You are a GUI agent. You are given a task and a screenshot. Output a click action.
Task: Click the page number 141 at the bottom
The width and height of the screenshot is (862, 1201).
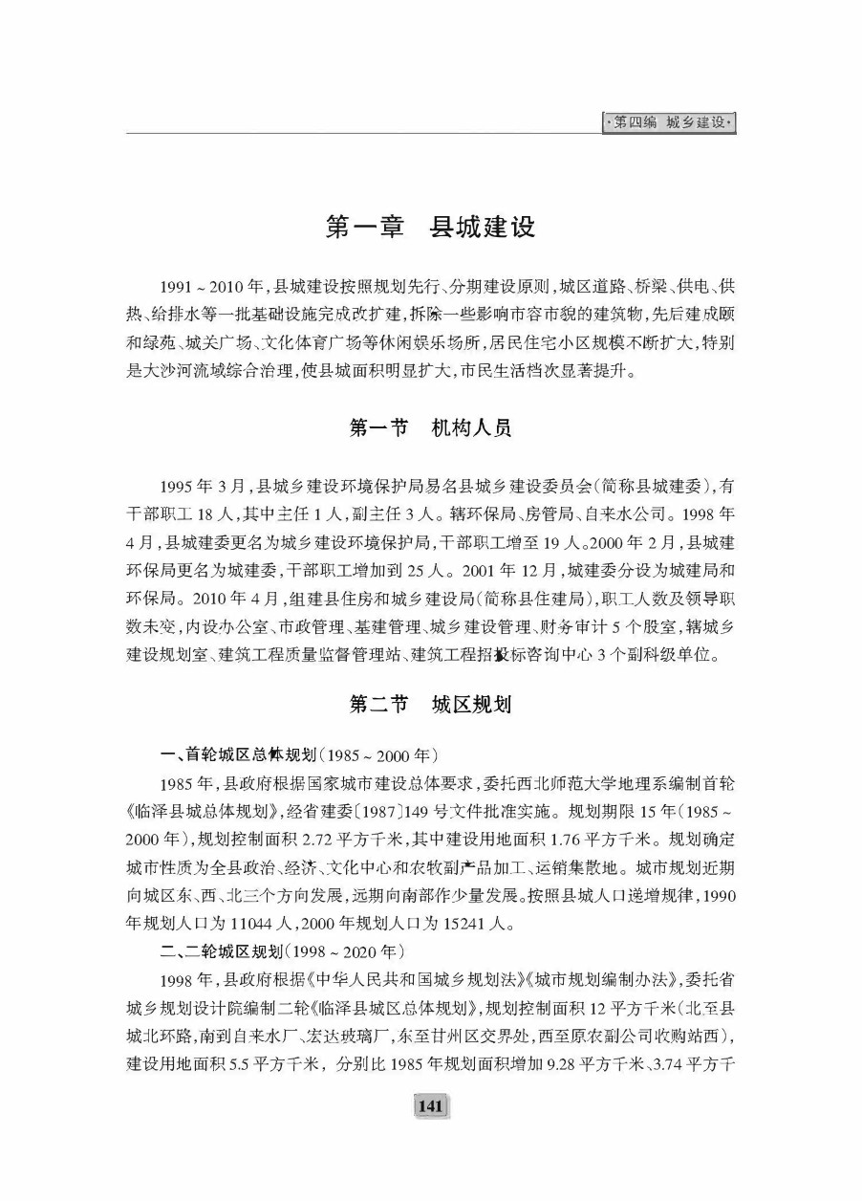[430, 1106]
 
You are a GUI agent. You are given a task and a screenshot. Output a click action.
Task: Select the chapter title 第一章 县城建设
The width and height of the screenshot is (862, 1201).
[430, 228]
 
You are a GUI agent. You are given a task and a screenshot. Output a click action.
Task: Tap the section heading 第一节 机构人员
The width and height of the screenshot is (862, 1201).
[430, 427]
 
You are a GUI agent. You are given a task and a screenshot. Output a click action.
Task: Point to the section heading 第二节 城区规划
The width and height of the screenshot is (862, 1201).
[430, 705]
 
